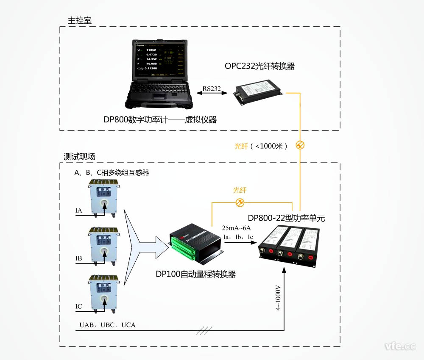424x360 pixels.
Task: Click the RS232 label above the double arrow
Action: (212, 89)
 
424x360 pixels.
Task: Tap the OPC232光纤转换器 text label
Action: (259, 66)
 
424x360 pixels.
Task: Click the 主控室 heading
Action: (79, 20)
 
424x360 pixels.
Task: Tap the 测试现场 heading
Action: (79, 156)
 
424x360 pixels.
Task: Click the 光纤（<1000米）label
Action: (261, 146)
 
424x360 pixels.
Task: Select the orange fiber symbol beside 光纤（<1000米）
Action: (300, 145)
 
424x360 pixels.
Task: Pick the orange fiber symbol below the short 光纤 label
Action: (240, 202)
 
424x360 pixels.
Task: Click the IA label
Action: (79, 210)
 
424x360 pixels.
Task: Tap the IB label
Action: (79, 258)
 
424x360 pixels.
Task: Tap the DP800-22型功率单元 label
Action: (287, 219)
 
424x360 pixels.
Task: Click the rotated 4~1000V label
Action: (279, 300)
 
